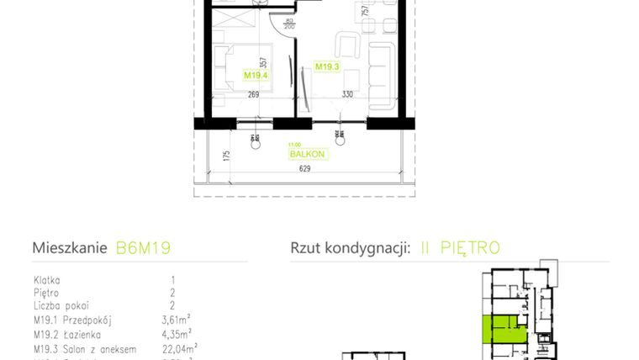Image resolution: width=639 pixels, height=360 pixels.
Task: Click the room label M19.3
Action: click(325, 65)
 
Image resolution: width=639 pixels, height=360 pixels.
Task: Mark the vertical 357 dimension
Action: click(263, 62)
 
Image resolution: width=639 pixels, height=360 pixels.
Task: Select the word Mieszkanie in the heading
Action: click(69, 248)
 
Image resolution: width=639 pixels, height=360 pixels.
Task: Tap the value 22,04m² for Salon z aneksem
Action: click(179, 347)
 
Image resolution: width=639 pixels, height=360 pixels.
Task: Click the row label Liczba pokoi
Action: click(61, 306)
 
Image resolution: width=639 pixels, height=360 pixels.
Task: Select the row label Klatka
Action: click(46, 280)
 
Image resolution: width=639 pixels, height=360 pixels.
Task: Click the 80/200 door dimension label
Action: click(288, 24)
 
